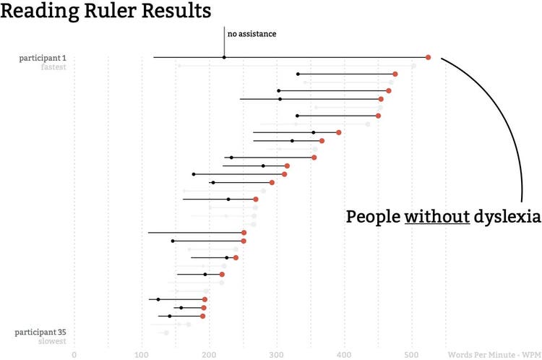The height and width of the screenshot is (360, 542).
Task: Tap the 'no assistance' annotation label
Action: pyautogui.click(x=251, y=33)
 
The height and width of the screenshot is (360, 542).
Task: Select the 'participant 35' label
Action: pyautogui.click(x=40, y=333)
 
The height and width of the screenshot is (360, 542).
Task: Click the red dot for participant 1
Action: pyautogui.click(x=428, y=57)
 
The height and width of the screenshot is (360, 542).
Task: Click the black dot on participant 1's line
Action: pyautogui.click(x=224, y=57)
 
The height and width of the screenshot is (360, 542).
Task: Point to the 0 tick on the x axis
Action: pyautogui.click(x=74, y=355)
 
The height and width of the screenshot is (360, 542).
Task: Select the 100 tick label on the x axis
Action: pyautogui.click(x=142, y=355)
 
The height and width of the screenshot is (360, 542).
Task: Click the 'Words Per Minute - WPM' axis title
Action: pyautogui.click(x=494, y=355)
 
